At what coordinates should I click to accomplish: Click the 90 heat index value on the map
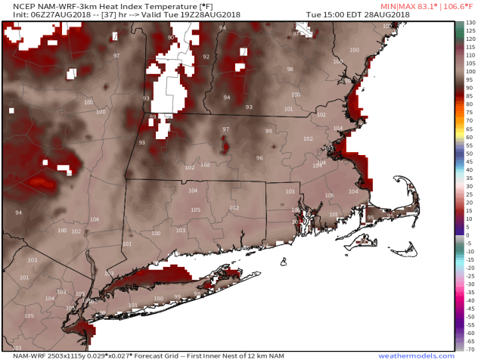coord(171,38)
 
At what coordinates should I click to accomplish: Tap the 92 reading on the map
coord(206,57)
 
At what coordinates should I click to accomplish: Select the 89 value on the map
coord(153,116)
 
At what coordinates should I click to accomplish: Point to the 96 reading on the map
coord(259,158)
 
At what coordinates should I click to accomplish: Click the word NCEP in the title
coord(15,5)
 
